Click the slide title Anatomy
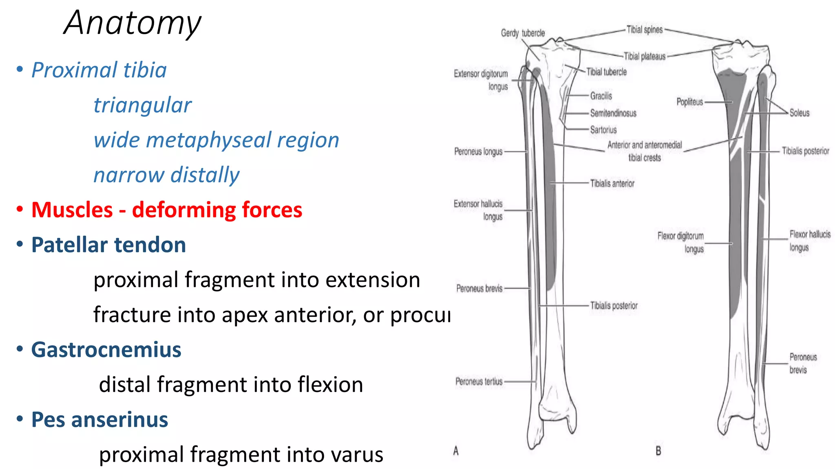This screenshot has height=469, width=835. pos(133,23)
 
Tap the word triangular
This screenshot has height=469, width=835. pos(142,105)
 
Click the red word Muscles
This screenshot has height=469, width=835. pos(72,210)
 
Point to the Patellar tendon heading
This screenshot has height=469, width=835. pos(108,245)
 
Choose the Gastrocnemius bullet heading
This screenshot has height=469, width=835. pos(106,350)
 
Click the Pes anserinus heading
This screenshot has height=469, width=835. pos(99,420)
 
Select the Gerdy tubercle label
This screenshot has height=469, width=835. pos(523,33)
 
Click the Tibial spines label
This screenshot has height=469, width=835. pos(644,30)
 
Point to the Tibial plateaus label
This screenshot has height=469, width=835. pos(644,57)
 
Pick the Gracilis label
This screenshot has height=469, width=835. pos(601,96)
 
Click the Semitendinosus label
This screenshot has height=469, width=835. pos(613,113)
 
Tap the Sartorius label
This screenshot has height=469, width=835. pos(603,130)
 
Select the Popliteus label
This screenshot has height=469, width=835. pos(689,102)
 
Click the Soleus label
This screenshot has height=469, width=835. pos(799,113)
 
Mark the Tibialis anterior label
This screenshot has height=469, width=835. pos(612,184)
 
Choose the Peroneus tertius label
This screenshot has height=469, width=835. pos(479,381)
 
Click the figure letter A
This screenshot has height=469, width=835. pos(456,451)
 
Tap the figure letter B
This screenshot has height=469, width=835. pos(658,451)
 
